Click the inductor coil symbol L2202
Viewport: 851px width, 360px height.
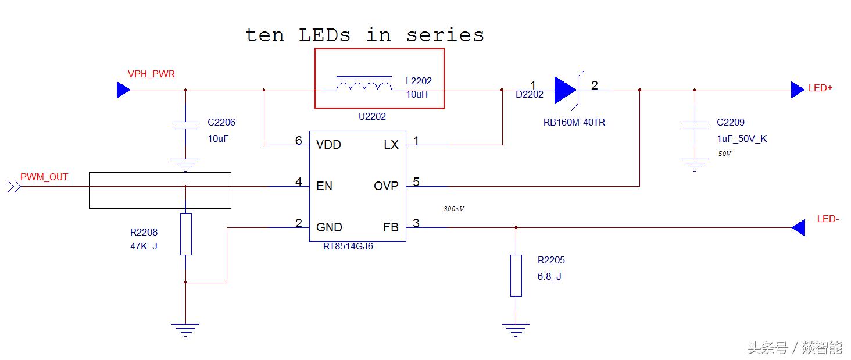click(x=364, y=86)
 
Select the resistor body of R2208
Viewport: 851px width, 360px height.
click(x=185, y=234)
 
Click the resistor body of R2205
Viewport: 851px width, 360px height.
click(x=516, y=275)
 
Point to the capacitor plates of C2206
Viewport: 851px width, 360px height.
click(x=185, y=124)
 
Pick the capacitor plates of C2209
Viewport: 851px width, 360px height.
click(x=695, y=124)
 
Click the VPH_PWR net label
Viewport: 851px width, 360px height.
click(x=151, y=74)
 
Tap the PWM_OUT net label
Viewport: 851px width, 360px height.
click(x=44, y=177)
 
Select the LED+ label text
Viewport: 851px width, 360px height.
click(x=820, y=88)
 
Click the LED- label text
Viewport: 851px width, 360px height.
click(x=828, y=219)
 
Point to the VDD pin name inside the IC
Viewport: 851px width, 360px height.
click(x=328, y=145)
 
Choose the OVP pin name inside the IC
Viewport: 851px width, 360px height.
click(x=386, y=186)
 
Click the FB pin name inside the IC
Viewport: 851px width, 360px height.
click(x=391, y=227)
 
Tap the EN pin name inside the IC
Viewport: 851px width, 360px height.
click(x=324, y=186)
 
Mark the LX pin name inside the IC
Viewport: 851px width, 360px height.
click(x=391, y=145)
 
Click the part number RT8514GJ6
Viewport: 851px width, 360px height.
click(x=348, y=247)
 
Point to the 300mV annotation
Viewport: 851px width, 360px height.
click(x=454, y=209)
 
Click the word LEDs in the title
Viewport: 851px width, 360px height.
click(x=325, y=35)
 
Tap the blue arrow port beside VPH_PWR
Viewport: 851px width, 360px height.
click(x=123, y=90)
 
